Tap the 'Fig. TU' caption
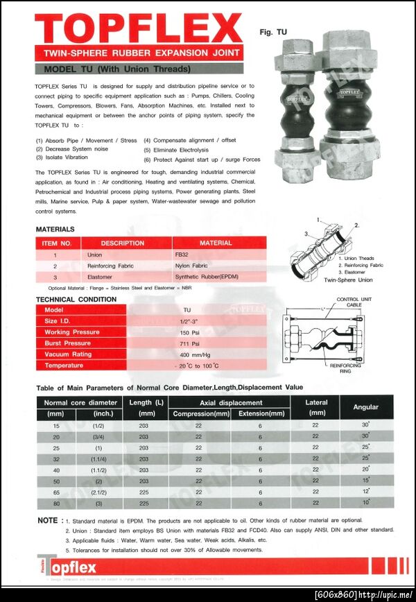pyautogui.click(x=272, y=32)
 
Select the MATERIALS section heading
pyautogui.click(x=55, y=230)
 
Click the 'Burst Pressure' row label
pyautogui.click(x=67, y=343)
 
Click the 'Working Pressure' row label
pyautogui.click(x=71, y=332)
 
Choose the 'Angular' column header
pyautogui.click(x=365, y=407)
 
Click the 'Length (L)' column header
pyautogui.click(x=146, y=402)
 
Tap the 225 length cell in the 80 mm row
pyautogui.click(x=144, y=503)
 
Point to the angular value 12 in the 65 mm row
pyautogui.click(x=365, y=491)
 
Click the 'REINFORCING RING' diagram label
pyautogui.click(x=345, y=368)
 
